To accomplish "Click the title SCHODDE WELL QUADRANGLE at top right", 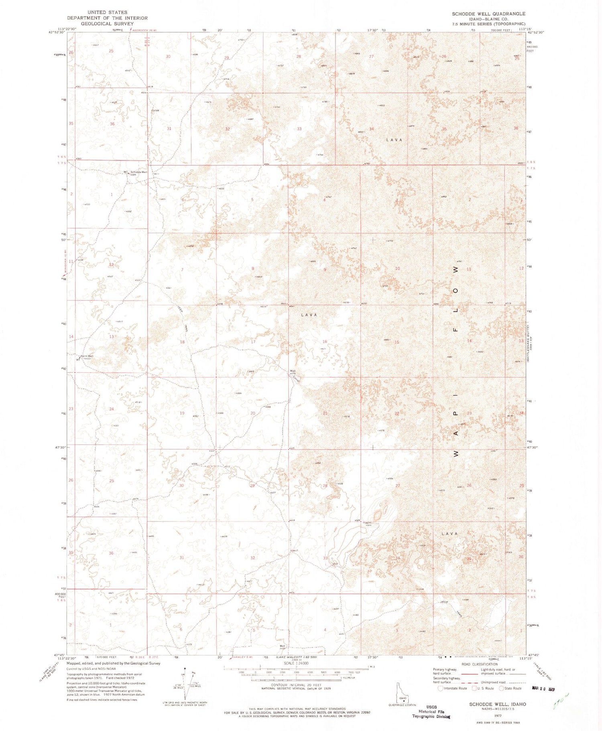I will [488, 14].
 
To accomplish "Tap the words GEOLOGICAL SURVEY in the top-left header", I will [107, 24].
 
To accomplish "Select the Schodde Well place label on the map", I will [139, 172].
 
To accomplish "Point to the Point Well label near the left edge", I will [87, 356].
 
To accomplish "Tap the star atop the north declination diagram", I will [185, 668].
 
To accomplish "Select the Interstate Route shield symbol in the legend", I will [441, 688].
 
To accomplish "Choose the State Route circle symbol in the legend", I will [501, 688].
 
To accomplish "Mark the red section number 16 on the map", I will [325, 342].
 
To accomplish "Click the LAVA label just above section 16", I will [309, 315].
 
